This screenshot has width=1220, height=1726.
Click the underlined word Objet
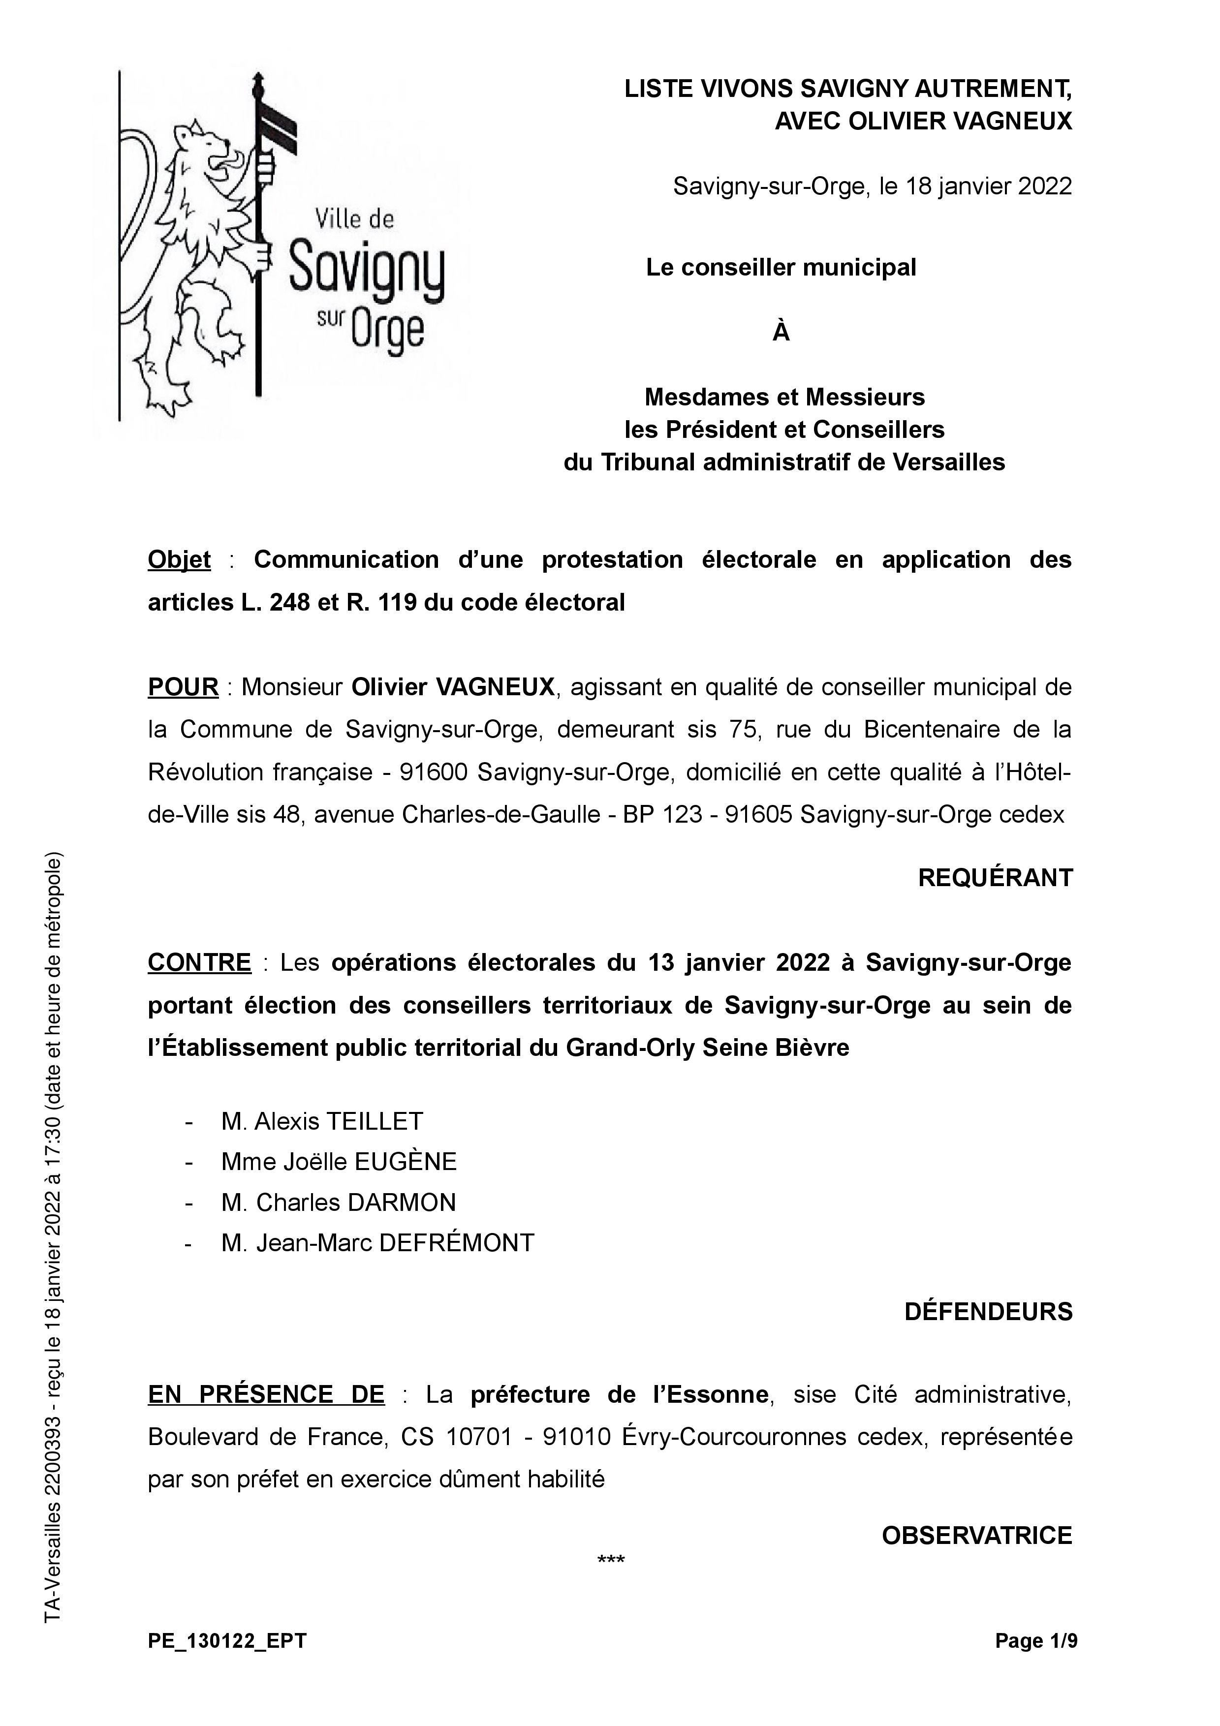click(179, 560)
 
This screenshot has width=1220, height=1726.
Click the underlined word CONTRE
click(199, 962)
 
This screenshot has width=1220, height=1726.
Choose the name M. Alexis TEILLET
click(322, 1122)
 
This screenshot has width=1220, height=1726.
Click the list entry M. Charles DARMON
click(338, 1203)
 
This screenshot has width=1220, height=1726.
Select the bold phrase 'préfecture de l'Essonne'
click(620, 1394)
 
